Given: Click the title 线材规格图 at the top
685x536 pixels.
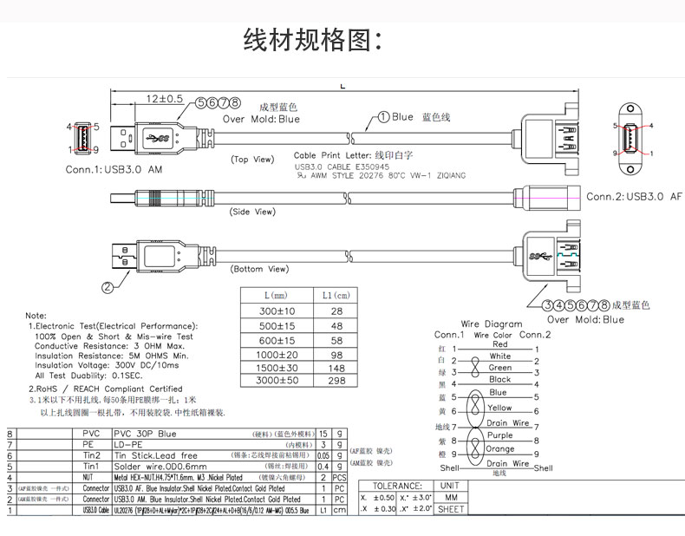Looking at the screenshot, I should point(313,40).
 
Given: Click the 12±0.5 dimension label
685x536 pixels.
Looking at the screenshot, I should point(164,100).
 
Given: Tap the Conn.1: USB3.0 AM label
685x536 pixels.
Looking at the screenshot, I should point(114,169).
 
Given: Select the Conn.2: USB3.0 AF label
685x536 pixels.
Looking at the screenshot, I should point(634,197).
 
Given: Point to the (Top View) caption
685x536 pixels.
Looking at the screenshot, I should point(252,160).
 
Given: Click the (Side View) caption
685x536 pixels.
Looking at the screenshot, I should point(252,212).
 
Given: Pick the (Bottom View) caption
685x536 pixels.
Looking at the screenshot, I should point(259,269).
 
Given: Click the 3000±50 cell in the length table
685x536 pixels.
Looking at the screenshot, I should point(278,381).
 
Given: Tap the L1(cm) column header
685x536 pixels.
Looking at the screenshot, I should point(337,296).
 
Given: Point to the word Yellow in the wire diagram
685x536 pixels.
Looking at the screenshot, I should point(499,408).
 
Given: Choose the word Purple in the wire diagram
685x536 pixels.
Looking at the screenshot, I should point(499,435).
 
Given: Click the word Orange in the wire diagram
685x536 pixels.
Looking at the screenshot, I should point(499,449).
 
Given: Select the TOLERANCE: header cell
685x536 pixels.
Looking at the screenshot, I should point(396,486).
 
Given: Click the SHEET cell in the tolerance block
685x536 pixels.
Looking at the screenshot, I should point(451,510).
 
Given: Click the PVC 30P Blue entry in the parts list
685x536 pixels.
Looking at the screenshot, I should point(146,433).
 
